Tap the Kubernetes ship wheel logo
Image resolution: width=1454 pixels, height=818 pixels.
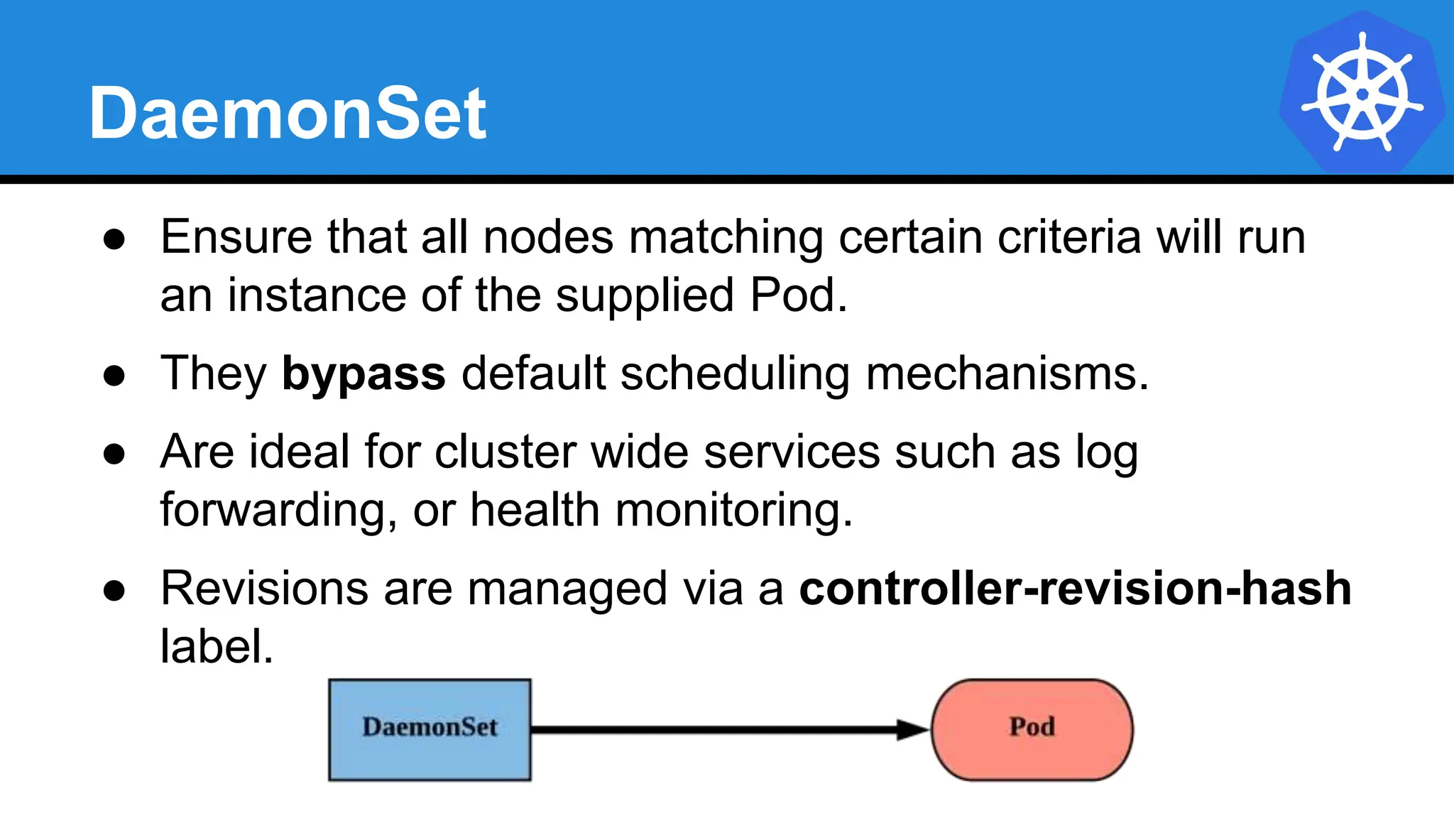(x=1362, y=93)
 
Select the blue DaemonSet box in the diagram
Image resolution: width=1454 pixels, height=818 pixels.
(x=430, y=729)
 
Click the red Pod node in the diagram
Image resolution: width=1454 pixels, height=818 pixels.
(x=1032, y=729)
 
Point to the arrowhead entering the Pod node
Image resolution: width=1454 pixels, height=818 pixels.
(x=913, y=729)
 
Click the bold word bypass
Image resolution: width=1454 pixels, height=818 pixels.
(x=363, y=373)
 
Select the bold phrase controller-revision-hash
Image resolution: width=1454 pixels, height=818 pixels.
(x=1075, y=589)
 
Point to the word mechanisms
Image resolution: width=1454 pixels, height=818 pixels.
(x=1007, y=373)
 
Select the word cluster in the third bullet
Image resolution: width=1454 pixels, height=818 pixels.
(x=505, y=452)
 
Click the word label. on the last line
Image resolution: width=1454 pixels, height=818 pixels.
(x=217, y=647)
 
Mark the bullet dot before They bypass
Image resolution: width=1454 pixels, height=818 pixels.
(x=114, y=376)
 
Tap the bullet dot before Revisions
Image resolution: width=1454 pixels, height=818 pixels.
(x=114, y=591)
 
